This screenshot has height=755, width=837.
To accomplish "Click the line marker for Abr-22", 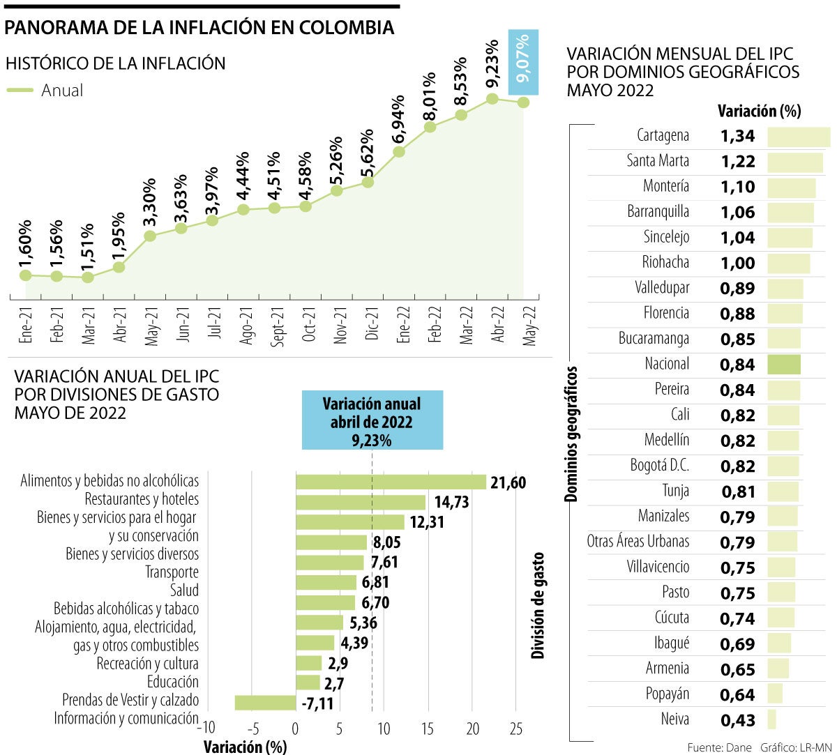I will pos(492,98).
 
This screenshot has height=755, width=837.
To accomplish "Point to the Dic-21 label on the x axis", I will pos(372,325).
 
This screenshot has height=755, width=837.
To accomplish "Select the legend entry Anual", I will pos(45,90).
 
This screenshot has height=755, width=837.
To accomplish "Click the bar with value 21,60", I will pos(391,482).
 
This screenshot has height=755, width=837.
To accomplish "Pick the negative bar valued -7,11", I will pos(265,703).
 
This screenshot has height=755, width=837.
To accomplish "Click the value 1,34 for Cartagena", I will pos(737,136).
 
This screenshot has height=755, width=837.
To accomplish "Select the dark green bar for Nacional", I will pos(784,364).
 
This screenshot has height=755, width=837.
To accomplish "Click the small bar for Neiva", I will pos(771,719).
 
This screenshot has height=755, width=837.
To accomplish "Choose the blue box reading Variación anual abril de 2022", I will pos(372,420).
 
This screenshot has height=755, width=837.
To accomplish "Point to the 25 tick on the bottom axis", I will pos(515,729).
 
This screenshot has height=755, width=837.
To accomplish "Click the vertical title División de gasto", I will pos(537,606).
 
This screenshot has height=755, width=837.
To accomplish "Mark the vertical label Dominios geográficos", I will pos(571,434).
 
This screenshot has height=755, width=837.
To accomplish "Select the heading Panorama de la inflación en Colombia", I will pos(199,28).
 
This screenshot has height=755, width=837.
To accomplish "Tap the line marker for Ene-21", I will pos(26,275).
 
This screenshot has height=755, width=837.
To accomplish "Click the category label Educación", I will pos(172,682).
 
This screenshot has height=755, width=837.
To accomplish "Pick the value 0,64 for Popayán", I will pos(737,695).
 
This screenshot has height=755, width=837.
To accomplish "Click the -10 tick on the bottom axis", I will pos(206,729).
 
